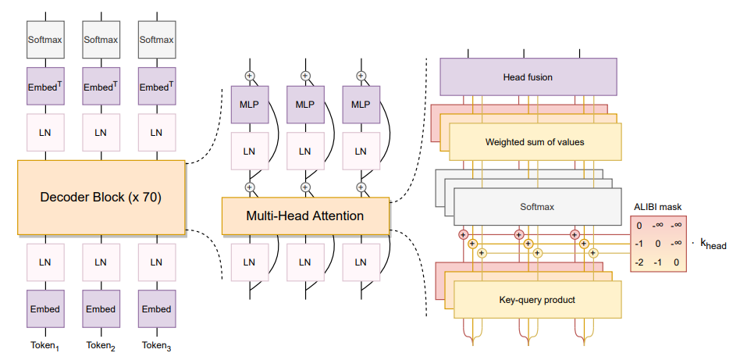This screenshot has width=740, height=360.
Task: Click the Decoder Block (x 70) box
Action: coord(101,197)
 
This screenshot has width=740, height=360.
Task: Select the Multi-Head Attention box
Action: coord(306,216)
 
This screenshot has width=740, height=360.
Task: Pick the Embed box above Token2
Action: coord(101,309)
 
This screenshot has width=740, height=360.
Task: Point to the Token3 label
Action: coord(156,346)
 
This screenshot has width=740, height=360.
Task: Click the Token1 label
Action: coord(45,346)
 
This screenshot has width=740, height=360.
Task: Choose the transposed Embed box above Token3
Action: coord(156,87)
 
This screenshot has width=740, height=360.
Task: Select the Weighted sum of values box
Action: coord(535,142)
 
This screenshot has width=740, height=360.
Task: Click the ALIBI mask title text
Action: coord(658,208)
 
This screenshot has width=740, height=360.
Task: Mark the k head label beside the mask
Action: coord(711,244)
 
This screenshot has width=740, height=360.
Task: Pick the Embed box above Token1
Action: coord(45,309)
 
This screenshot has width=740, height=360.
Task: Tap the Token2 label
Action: coord(101,346)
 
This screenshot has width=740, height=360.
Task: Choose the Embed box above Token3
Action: coord(156,309)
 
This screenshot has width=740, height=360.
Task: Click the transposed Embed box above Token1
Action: coord(45,87)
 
